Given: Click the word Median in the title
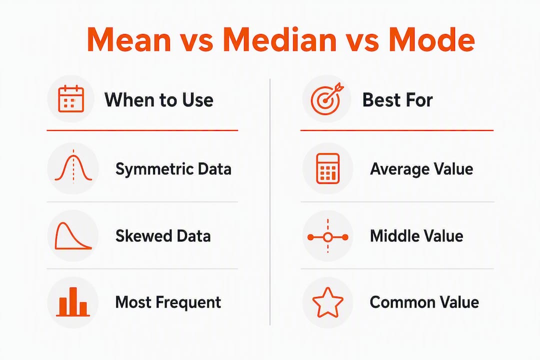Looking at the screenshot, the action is pos(279,39).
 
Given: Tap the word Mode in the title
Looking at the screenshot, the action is pos(431,39).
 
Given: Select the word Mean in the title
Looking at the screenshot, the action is pos(129,39).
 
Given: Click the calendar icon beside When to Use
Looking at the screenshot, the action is pos(71,99).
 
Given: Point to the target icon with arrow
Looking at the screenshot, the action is pos(326,98).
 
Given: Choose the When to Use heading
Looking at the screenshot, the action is pos(159,100).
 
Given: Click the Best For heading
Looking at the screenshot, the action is pos(397,100).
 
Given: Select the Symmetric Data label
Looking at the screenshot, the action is pos(173,169).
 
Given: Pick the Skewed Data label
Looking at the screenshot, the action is pos(163,236).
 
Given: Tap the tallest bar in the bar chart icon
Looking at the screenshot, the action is pos(72,301).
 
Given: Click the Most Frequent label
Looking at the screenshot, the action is pos(168,302).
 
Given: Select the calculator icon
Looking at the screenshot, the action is pos(327,168).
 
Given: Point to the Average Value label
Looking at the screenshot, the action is pos(421,169).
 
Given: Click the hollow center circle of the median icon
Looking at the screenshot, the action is pos(328,237).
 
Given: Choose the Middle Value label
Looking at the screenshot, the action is pos(416,236).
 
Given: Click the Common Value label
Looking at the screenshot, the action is pos(424,302).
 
